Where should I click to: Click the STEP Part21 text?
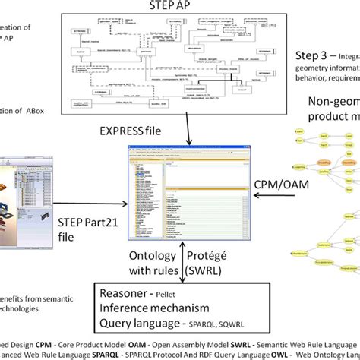point(79,221)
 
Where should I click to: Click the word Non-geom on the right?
point(332,103)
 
